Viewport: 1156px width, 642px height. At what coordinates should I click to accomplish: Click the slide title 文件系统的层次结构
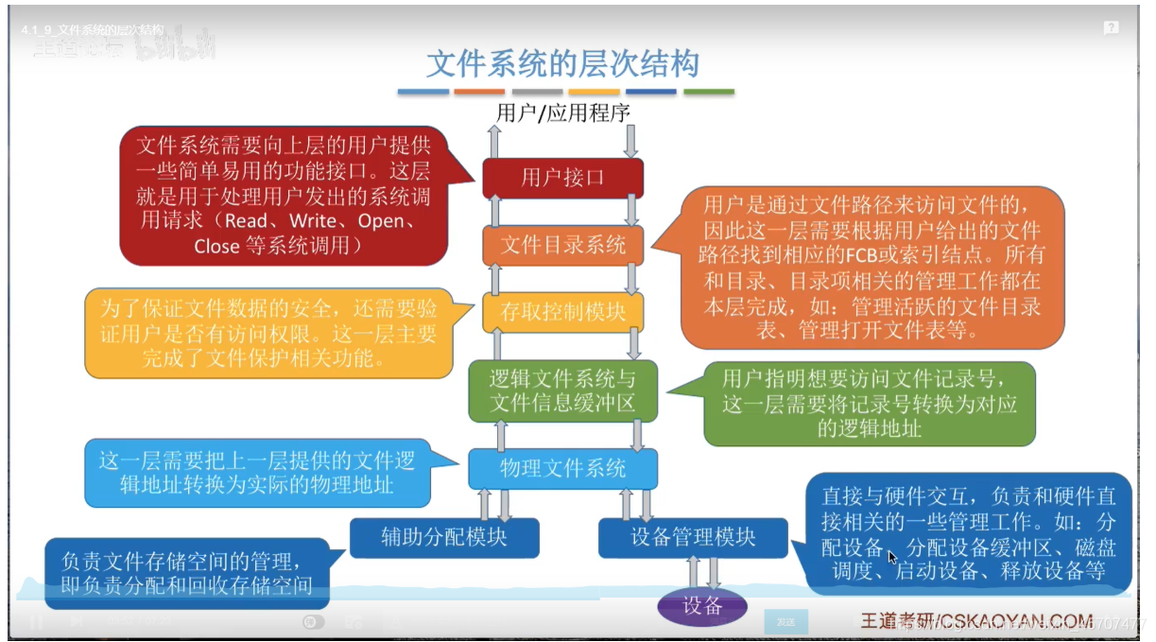point(562,63)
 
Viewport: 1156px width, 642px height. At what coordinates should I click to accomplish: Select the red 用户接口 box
point(562,177)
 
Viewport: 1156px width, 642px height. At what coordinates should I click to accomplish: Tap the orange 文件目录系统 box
point(562,245)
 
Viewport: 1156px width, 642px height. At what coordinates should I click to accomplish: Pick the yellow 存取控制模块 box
point(562,311)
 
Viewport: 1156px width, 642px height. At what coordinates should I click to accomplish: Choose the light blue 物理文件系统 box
point(562,468)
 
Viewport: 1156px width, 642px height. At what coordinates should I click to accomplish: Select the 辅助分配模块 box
point(443,537)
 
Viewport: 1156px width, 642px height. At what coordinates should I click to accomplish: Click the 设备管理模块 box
point(693,537)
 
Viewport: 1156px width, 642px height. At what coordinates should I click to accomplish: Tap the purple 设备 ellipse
point(702,606)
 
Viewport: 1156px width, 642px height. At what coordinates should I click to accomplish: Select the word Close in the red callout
point(216,246)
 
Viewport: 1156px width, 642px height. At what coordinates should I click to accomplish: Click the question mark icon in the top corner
point(1112,28)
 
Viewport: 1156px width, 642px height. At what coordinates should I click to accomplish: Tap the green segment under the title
point(709,93)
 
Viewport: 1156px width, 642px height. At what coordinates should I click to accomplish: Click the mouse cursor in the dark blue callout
point(892,557)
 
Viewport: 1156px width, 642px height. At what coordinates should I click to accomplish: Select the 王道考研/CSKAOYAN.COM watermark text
point(974,620)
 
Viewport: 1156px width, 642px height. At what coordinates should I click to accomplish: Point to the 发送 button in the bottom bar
point(785,621)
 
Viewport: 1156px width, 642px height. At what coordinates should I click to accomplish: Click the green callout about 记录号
point(870,404)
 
